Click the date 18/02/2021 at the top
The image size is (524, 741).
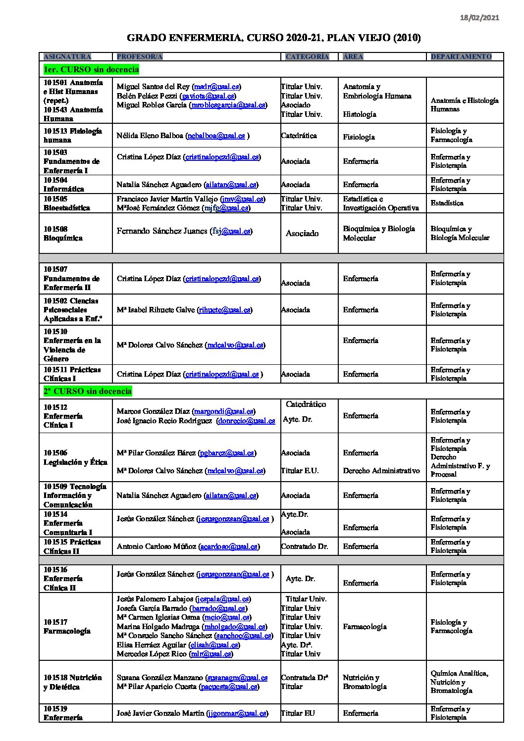(479, 18)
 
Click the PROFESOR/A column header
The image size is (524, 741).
(140, 57)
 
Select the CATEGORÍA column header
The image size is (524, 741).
(307, 57)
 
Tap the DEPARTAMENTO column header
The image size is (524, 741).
(461, 57)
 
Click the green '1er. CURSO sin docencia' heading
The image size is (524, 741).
(91, 69)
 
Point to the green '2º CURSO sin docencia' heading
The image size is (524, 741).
(87, 392)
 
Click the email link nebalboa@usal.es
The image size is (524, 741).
(216, 136)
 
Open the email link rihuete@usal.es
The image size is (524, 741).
(224, 310)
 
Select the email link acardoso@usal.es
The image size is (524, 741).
(229, 546)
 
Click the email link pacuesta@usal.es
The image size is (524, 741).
(229, 687)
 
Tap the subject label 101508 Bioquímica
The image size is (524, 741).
(63, 234)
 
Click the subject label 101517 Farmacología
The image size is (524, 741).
(67, 627)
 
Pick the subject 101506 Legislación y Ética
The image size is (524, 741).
(75, 457)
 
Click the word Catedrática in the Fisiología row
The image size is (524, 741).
(299, 136)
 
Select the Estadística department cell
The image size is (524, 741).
(447, 203)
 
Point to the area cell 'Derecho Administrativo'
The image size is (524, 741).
(381, 471)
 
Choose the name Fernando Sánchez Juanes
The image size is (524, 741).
(162, 231)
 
